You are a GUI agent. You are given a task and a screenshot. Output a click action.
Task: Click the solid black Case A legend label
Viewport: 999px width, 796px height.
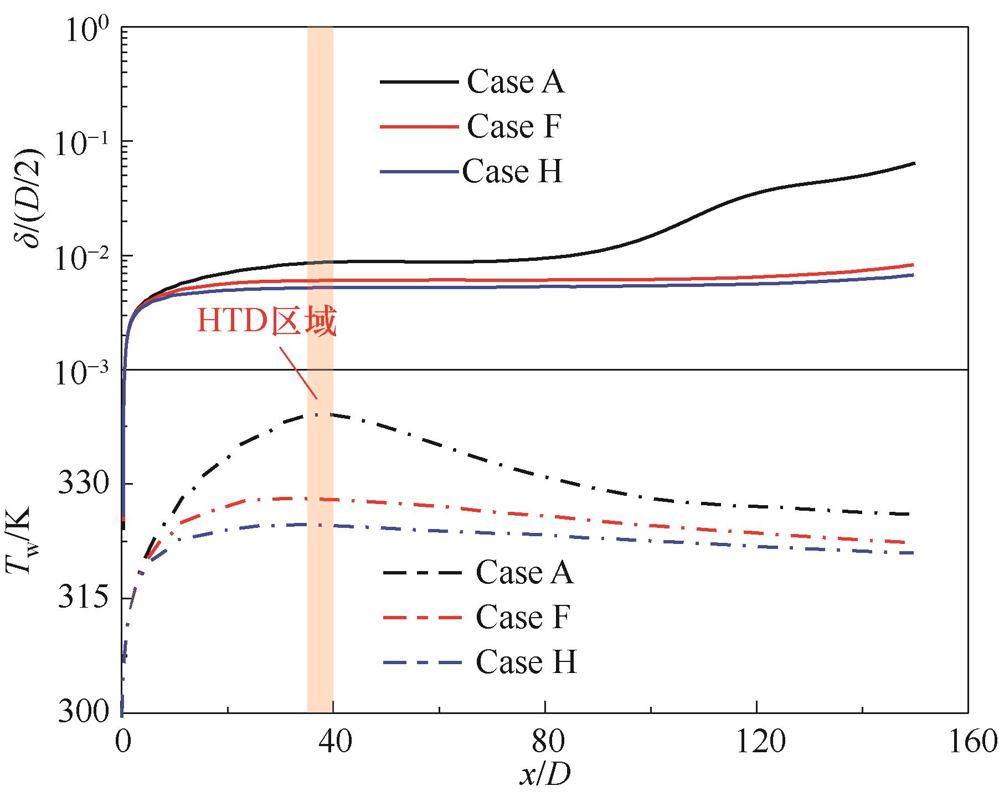pos(515,82)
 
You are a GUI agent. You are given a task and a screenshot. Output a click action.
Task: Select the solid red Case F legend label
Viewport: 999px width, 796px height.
pos(514,127)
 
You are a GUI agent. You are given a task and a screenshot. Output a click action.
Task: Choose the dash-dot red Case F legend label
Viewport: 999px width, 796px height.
pos(522,617)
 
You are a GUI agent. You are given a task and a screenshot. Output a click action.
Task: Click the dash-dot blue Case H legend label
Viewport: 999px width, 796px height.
pos(526,662)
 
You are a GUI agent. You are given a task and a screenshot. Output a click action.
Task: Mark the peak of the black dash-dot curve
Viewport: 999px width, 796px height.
pos(317,414)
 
